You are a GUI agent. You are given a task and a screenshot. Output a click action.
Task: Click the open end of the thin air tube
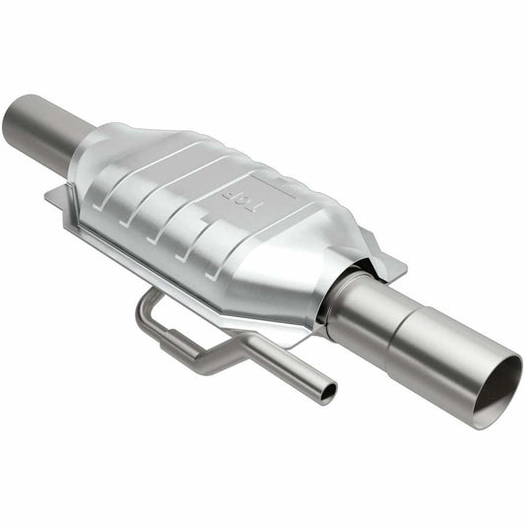click(326, 392)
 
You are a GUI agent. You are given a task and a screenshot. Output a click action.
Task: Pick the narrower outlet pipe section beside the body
click(360, 300)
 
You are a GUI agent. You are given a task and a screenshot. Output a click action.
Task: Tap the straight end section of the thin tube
click(295, 374)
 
